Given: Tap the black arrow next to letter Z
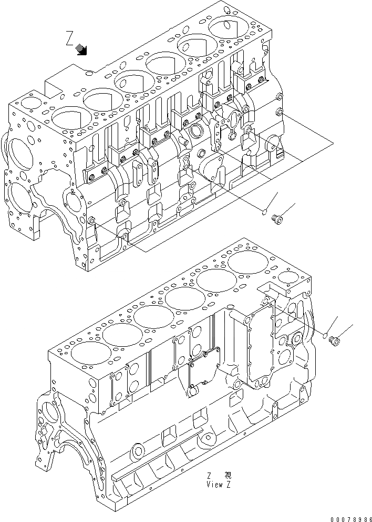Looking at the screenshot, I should [x=82, y=49].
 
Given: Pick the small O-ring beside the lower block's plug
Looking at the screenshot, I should [x=326, y=335].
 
